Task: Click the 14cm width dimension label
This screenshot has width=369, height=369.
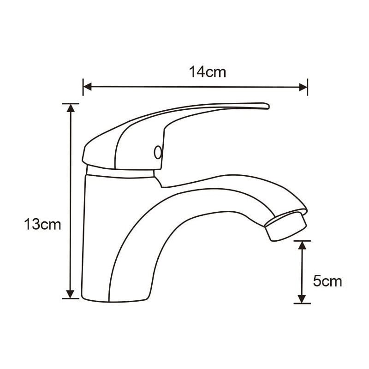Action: point(207,72)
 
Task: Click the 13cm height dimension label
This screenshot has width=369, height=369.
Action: point(42,225)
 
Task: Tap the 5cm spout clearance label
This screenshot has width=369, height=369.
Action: point(327,281)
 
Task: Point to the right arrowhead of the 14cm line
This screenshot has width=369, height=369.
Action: point(303,87)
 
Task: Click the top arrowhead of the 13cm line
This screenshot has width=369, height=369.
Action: point(70,108)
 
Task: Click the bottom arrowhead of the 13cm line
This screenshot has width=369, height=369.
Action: point(70,294)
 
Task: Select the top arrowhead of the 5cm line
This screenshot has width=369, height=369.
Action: point(302,245)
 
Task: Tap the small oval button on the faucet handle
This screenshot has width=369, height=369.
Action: point(158,152)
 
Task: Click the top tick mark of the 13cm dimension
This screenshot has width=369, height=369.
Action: point(70,103)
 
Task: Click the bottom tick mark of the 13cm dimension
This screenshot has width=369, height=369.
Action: point(70,298)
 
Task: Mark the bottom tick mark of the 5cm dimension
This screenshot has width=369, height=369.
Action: point(302,304)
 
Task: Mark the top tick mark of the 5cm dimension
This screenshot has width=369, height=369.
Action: point(302,240)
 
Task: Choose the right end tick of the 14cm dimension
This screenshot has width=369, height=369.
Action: point(308,87)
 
